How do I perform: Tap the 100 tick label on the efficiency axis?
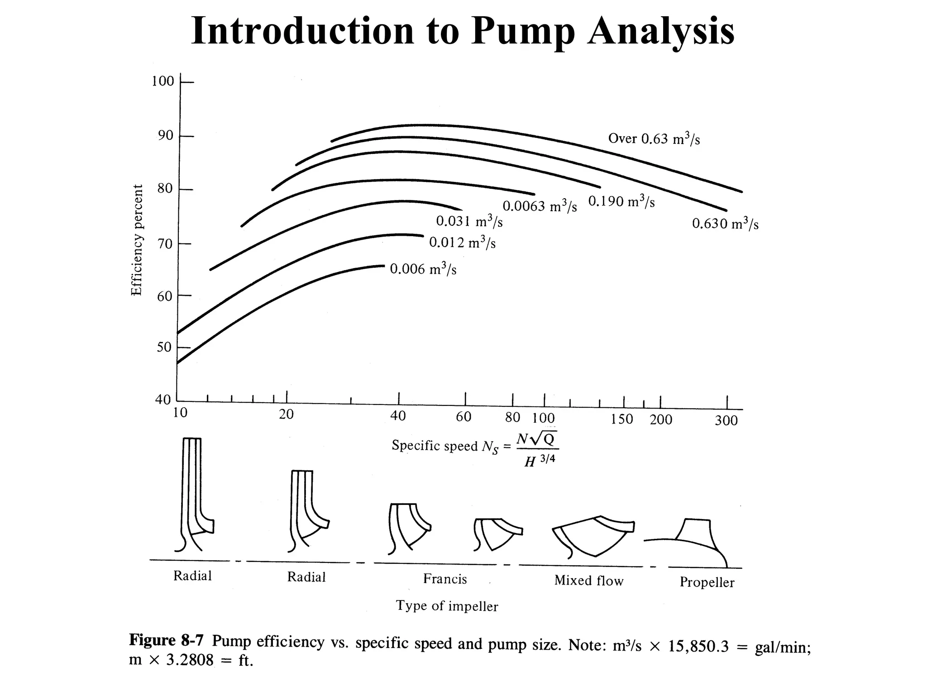163,81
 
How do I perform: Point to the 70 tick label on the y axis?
165,244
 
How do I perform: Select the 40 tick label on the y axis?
163,400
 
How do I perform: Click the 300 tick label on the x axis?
726,421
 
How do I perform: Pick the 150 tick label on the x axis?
622,419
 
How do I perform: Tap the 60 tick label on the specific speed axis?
463,417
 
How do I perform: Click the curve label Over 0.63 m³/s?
654,139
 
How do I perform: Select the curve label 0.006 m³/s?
423,269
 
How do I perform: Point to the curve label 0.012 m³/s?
462,243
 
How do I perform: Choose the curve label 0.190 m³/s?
621,201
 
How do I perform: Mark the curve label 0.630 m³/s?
725,224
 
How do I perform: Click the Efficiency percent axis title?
137,240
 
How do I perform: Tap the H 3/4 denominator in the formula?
539,461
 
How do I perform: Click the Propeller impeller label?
707,582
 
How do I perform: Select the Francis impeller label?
445,579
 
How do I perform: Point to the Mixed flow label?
588,581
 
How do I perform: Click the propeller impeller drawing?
693,541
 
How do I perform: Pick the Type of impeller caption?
447,606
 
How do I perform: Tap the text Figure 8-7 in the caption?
166,641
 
